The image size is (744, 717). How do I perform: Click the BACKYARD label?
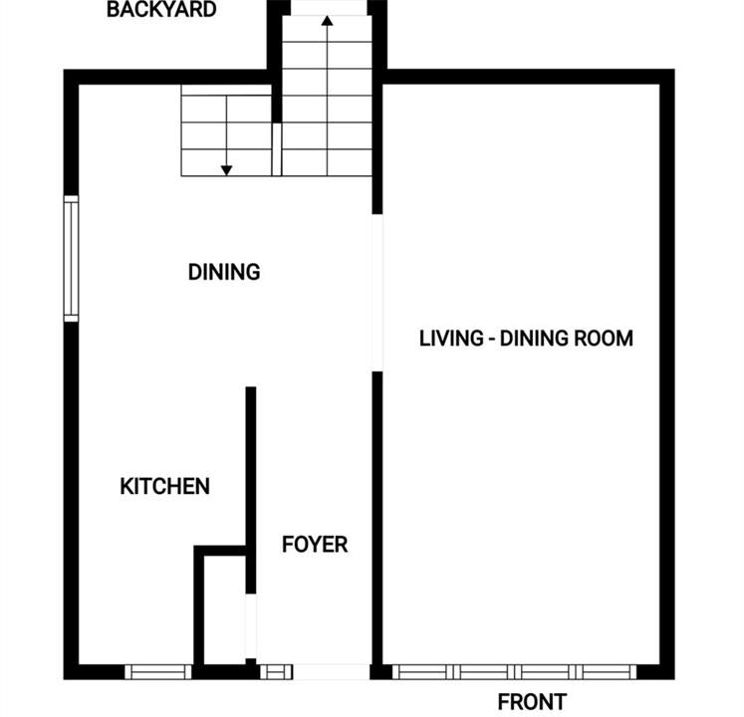(x=161, y=10)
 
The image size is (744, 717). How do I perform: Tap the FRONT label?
(x=532, y=701)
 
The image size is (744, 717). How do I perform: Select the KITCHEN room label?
(x=164, y=486)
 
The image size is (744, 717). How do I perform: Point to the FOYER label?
(x=315, y=545)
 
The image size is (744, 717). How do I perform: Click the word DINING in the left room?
(x=224, y=272)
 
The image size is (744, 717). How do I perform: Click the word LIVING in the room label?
(x=451, y=339)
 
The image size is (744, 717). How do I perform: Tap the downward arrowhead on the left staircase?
(x=226, y=170)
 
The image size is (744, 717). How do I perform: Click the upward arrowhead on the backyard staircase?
(x=327, y=20)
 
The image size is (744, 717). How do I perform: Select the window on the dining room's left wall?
(x=71, y=259)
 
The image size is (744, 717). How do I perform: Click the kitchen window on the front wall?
(x=158, y=672)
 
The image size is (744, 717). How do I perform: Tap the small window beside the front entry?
(x=276, y=672)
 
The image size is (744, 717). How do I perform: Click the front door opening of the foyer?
(x=332, y=672)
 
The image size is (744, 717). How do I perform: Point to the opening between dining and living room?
(x=377, y=293)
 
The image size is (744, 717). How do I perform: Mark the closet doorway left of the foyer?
(x=251, y=626)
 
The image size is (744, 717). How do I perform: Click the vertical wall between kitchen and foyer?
(x=251, y=490)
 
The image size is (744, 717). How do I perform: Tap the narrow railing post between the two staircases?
(x=277, y=149)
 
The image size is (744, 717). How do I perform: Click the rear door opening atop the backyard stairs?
(x=330, y=8)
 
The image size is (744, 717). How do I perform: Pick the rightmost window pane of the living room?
(x=606, y=672)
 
